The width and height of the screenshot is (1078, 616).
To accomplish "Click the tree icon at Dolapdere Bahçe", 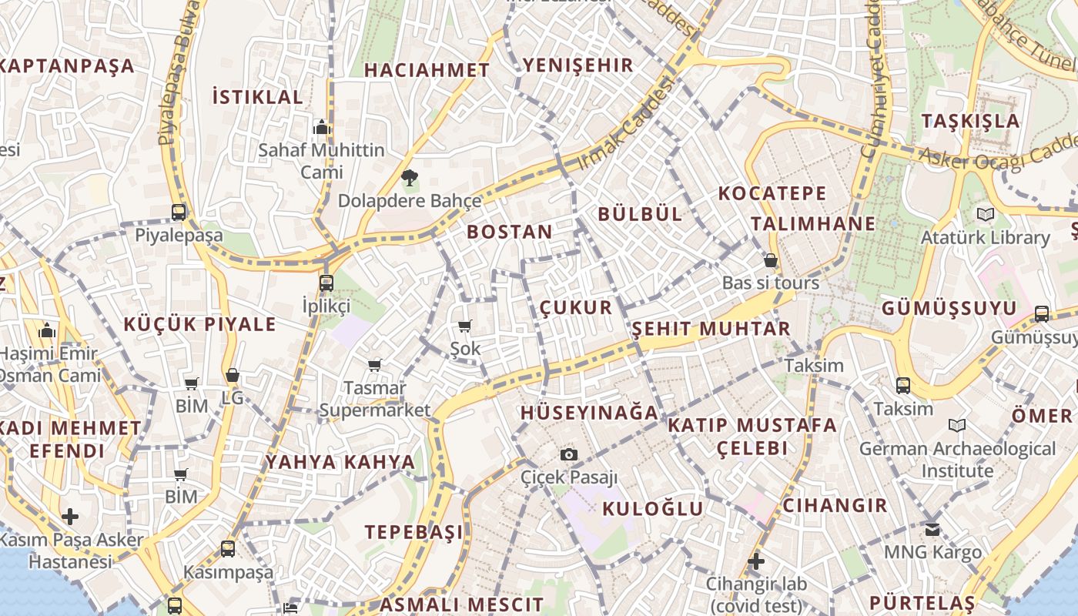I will [410, 179].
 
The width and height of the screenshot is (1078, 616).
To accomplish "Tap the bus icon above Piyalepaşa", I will [179, 212].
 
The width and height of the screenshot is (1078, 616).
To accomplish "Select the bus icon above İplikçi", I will [326, 283].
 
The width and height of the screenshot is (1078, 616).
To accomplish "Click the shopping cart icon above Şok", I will [464, 326].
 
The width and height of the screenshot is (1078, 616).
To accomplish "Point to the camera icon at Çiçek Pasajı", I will [569, 454].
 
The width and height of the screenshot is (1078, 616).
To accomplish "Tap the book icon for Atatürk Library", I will [985, 214].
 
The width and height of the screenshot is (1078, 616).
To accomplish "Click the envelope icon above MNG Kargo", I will [932, 529].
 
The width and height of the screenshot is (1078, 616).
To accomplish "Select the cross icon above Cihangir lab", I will [756, 561].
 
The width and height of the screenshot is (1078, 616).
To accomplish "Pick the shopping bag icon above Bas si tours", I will [770, 260].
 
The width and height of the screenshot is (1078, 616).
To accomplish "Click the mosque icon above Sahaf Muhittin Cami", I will [321, 127].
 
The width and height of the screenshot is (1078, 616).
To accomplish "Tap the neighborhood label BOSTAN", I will [510, 232].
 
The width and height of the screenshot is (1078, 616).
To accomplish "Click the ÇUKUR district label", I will [576, 308].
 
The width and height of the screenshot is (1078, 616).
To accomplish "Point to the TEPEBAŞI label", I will [414, 532].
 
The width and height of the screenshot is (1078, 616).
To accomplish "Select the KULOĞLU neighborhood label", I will [653, 508].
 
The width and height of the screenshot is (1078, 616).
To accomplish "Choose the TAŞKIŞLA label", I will [970, 121].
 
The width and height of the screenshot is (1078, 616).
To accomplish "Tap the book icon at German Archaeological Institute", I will [957, 425].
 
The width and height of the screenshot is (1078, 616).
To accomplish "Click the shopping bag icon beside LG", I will [232, 375].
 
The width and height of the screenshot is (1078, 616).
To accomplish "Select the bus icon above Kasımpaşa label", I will [228, 549].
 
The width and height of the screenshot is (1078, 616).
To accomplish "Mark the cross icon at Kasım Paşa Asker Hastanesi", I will [70, 516].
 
